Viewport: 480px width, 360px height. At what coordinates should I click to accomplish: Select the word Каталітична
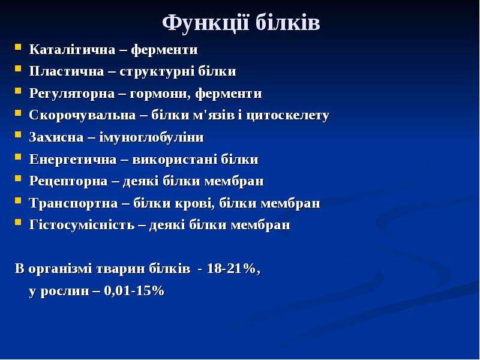pyautogui.click(x=72, y=49)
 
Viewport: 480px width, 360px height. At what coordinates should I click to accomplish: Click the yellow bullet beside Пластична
pyautogui.click(x=18, y=68)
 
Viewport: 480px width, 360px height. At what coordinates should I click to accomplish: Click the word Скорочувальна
pyautogui.click(x=82, y=115)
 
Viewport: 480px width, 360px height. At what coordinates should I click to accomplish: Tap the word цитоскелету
pyautogui.click(x=287, y=116)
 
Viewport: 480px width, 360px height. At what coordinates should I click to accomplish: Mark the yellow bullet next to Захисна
pyautogui.click(x=18, y=134)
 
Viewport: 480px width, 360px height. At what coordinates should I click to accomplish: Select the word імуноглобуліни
pyautogui.click(x=152, y=137)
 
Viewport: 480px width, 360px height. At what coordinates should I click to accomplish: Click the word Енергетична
pyautogui.click(x=73, y=160)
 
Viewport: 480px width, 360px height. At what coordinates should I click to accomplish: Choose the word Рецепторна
pyautogui.click(x=68, y=181)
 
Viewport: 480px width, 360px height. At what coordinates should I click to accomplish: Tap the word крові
pyautogui.click(x=194, y=203)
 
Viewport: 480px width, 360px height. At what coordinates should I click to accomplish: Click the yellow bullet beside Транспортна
pyautogui.click(x=18, y=200)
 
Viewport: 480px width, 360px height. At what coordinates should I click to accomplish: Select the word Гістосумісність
pyautogui.click(x=82, y=225)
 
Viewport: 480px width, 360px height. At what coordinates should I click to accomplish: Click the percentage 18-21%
pyautogui.click(x=233, y=269)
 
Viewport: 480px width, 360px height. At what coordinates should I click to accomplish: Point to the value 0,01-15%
pyautogui.click(x=134, y=291)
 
